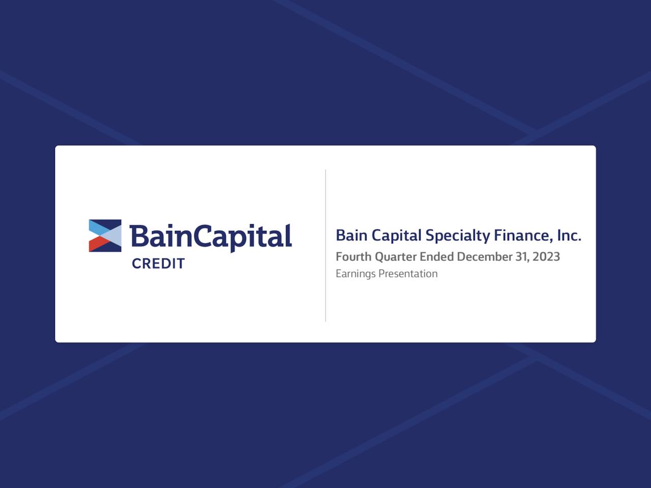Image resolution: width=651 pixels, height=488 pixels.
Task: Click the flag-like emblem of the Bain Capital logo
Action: (x=105, y=235)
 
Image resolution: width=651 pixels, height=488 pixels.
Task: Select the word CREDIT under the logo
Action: (x=158, y=263)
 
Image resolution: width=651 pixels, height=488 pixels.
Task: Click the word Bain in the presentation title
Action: (x=351, y=235)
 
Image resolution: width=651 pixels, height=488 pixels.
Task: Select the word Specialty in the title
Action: (x=458, y=236)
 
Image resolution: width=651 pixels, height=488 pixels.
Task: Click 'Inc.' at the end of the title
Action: (x=569, y=235)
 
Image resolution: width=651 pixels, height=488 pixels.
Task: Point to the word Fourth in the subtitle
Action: (x=353, y=257)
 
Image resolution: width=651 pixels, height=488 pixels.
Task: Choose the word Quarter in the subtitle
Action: (x=396, y=257)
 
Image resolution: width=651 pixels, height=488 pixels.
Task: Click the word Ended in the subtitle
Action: (x=436, y=257)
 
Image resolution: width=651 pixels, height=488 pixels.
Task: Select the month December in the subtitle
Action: (x=484, y=257)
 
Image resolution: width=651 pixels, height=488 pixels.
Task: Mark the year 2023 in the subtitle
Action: (x=546, y=257)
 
